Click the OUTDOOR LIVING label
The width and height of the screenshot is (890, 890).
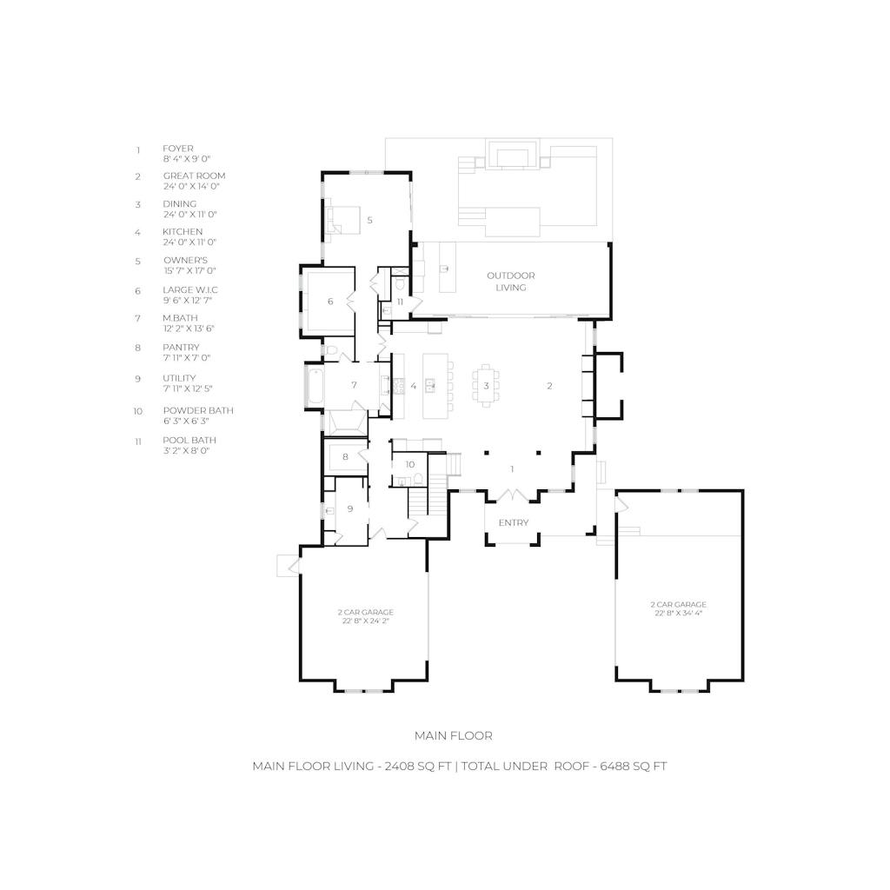pyautogui.click(x=511, y=282)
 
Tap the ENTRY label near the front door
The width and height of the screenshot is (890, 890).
pyautogui.click(x=514, y=522)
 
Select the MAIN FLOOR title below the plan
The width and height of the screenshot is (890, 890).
pyautogui.click(x=454, y=735)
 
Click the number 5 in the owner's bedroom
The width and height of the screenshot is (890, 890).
pyautogui.click(x=369, y=220)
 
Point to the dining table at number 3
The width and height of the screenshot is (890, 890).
pyautogui.click(x=486, y=386)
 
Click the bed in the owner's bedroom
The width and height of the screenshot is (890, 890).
pyautogui.click(x=342, y=220)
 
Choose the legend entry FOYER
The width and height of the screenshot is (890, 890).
pyautogui.click(x=177, y=149)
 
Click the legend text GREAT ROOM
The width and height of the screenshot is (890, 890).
pyautogui.click(x=194, y=176)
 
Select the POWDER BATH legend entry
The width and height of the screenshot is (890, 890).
pyautogui.click(x=198, y=410)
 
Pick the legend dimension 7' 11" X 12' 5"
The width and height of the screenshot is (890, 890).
pyautogui.click(x=188, y=389)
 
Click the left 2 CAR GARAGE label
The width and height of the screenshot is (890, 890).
pyautogui.click(x=366, y=612)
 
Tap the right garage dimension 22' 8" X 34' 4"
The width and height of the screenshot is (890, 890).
pyautogui.click(x=679, y=613)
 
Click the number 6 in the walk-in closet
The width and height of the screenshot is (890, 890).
pyautogui.click(x=330, y=302)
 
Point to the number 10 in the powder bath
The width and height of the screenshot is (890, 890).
pyautogui.click(x=410, y=464)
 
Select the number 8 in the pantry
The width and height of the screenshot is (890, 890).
pyautogui.click(x=345, y=457)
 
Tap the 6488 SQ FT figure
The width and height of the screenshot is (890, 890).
pyautogui.click(x=634, y=767)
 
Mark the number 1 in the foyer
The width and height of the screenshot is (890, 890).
pyautogui.click(x=512, y=469)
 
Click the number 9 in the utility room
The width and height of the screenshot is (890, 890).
pyautogui.click(x=349, y=509)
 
